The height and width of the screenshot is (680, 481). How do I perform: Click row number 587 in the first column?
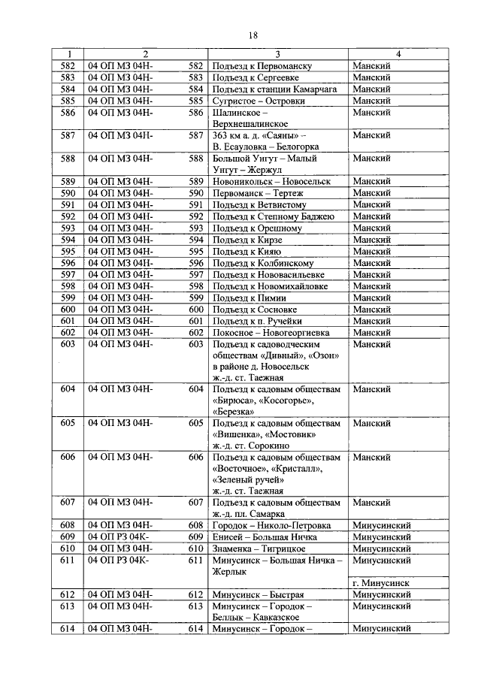click(68, 135)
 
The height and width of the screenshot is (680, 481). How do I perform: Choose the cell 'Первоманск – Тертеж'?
click(256, 194)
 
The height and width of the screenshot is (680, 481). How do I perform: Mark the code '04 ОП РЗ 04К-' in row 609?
click(119, 536)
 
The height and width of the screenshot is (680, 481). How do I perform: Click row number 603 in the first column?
click(68, 344)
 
